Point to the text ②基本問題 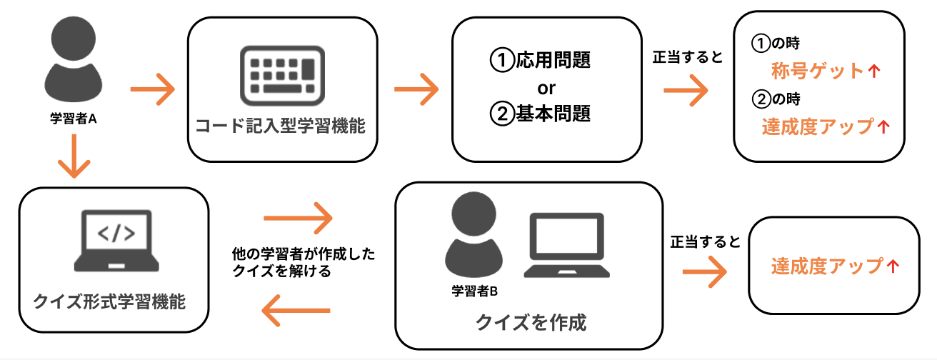(541, 113)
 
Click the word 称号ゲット (818, 71)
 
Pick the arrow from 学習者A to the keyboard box (153, 90)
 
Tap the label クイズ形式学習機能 (110, 301)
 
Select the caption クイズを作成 (531, 323)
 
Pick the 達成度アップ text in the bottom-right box (827, 266)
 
